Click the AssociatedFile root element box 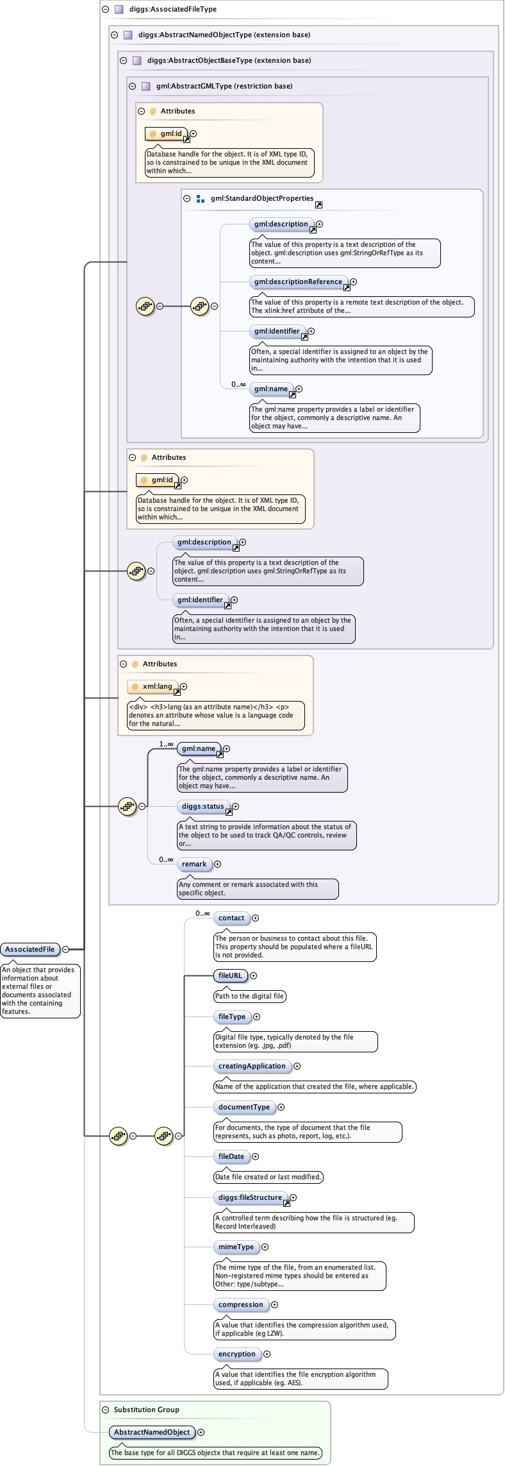click(30, 949)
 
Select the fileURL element click(230, 975)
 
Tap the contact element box click(231, 918)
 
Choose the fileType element click(231, 1016)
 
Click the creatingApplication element click(252, 1066)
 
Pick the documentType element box click(244, 1107)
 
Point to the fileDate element click(231, 1156)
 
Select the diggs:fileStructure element click(250, 1197)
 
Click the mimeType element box click(236, 1247)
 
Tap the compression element click(240, 1304)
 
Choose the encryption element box click(236, 1354)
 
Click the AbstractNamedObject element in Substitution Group click(152, 1432)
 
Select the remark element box click(194, 864)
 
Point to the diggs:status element click(203, 806)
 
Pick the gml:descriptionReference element click(298, 282)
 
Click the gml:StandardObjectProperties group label click(261, 198)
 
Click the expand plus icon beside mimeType click(265, 1247)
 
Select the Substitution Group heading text click(146, 1410)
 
